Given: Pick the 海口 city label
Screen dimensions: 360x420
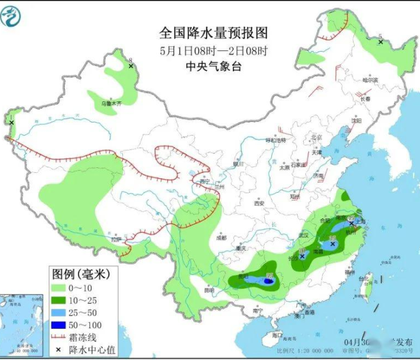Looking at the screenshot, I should [276, 334].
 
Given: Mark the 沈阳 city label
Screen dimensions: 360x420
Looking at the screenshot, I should [357, 120].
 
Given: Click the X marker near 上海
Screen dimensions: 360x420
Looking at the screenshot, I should [352, 223].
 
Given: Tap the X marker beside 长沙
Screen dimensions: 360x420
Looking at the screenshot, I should [302, 256].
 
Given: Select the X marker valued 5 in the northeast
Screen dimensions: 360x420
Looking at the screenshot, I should [380, 42].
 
